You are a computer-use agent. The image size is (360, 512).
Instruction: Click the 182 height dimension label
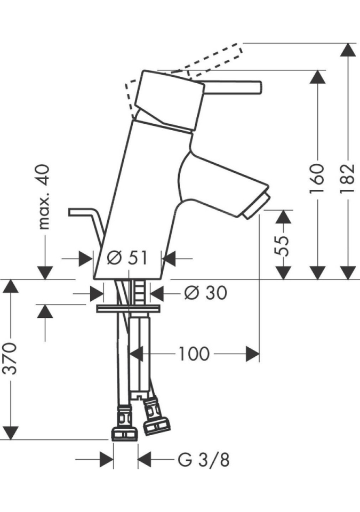pyautogui.click(x=348, y=178)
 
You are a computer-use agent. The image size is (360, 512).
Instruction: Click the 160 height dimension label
pyautogui.click(x=317, y=178)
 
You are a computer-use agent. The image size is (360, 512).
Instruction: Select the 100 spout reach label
pyautogui.click(x=194, y=354)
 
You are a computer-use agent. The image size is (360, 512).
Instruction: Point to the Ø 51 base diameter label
pyautogui.click(x=127, y=258)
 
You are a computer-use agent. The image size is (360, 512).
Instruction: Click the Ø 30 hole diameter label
pyautogui.click(x=205, y=292)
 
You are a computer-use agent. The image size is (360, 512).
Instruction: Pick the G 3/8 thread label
pyautogui.click(x=204, y=460)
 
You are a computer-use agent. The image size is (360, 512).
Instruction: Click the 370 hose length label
pyautogui.click(x=11, y=358)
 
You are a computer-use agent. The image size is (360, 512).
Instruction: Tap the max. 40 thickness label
pyautogui.click(x=44, y=197)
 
